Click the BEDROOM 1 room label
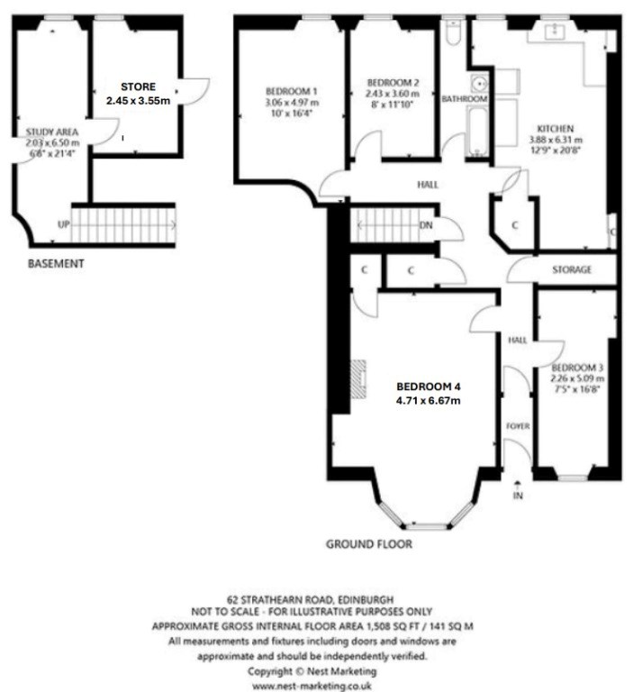pos(291,91)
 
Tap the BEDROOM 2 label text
pos(393,83)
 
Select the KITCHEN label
pos(555,129)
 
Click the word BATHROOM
pos(465,99)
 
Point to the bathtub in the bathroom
pos(477,132)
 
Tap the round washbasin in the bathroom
pos(479,83)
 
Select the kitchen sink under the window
pos(553,31)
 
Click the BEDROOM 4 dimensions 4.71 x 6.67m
pos(429,401)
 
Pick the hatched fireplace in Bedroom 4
pos(358,379)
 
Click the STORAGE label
pos(572,269)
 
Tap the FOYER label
pos(518,426)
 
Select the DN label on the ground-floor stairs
pos(426,225)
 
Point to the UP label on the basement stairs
pos(64,224)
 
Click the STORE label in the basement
pos(138,86)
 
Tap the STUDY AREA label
pos(52,132)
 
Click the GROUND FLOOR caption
pos(369,544)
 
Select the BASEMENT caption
pos(56,263)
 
